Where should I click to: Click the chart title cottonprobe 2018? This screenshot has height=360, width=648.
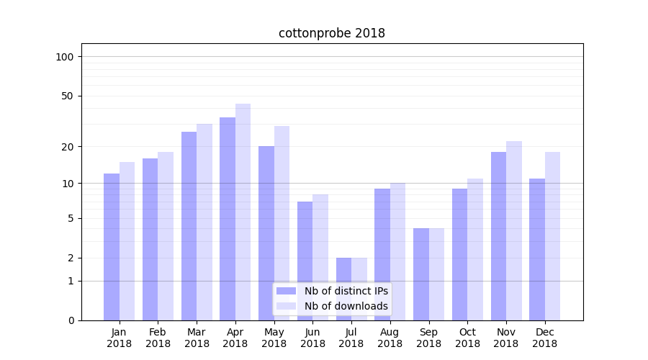332,34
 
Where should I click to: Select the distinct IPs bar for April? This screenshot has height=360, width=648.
228,219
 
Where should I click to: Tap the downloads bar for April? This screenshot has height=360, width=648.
243,212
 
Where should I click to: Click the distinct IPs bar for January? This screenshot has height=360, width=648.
112,247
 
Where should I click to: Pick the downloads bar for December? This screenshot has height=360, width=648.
552,236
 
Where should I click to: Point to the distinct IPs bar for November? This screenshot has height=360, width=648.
498,236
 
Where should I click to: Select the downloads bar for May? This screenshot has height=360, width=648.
282,223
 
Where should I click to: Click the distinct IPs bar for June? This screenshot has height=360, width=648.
305,261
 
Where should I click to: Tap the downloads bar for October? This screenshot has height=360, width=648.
475,249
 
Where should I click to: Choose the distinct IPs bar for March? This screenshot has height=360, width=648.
189,226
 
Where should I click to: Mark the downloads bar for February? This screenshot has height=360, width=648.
166,236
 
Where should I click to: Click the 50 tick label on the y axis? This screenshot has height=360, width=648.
68,96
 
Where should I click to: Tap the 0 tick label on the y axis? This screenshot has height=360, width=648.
71,320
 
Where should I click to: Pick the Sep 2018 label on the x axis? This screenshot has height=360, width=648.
428,338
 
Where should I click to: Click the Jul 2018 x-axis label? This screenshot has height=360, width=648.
351,338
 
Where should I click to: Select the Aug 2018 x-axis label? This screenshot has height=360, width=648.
390,338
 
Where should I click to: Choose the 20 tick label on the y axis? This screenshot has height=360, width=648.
68,147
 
